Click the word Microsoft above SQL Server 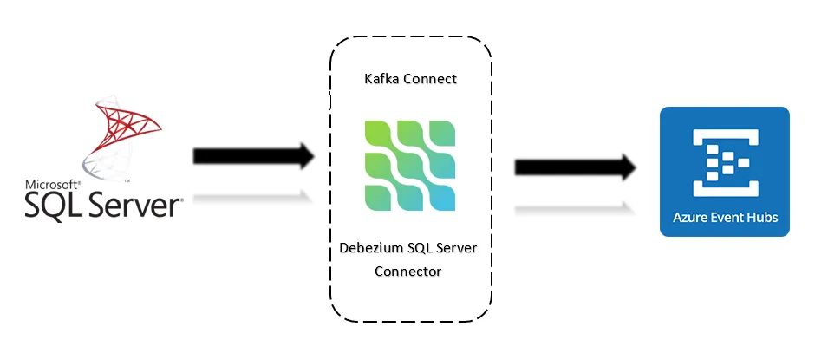[51, 185]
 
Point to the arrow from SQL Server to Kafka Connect [251, 157]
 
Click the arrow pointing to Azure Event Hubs [572, 167]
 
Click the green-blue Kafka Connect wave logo [410, 166]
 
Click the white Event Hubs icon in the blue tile [724, 159]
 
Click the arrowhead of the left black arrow [303, 157]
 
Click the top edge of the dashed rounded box [410, 37]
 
